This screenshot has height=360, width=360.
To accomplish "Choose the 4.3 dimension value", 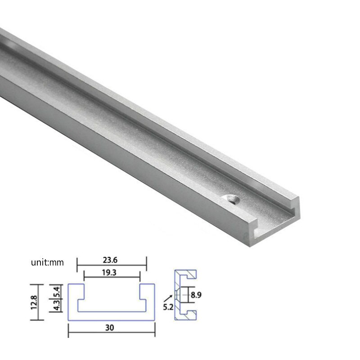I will pos(56,306).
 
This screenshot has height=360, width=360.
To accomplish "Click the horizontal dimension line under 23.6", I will pos(112,265).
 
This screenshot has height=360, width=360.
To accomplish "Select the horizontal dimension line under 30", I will pos(111,334).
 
